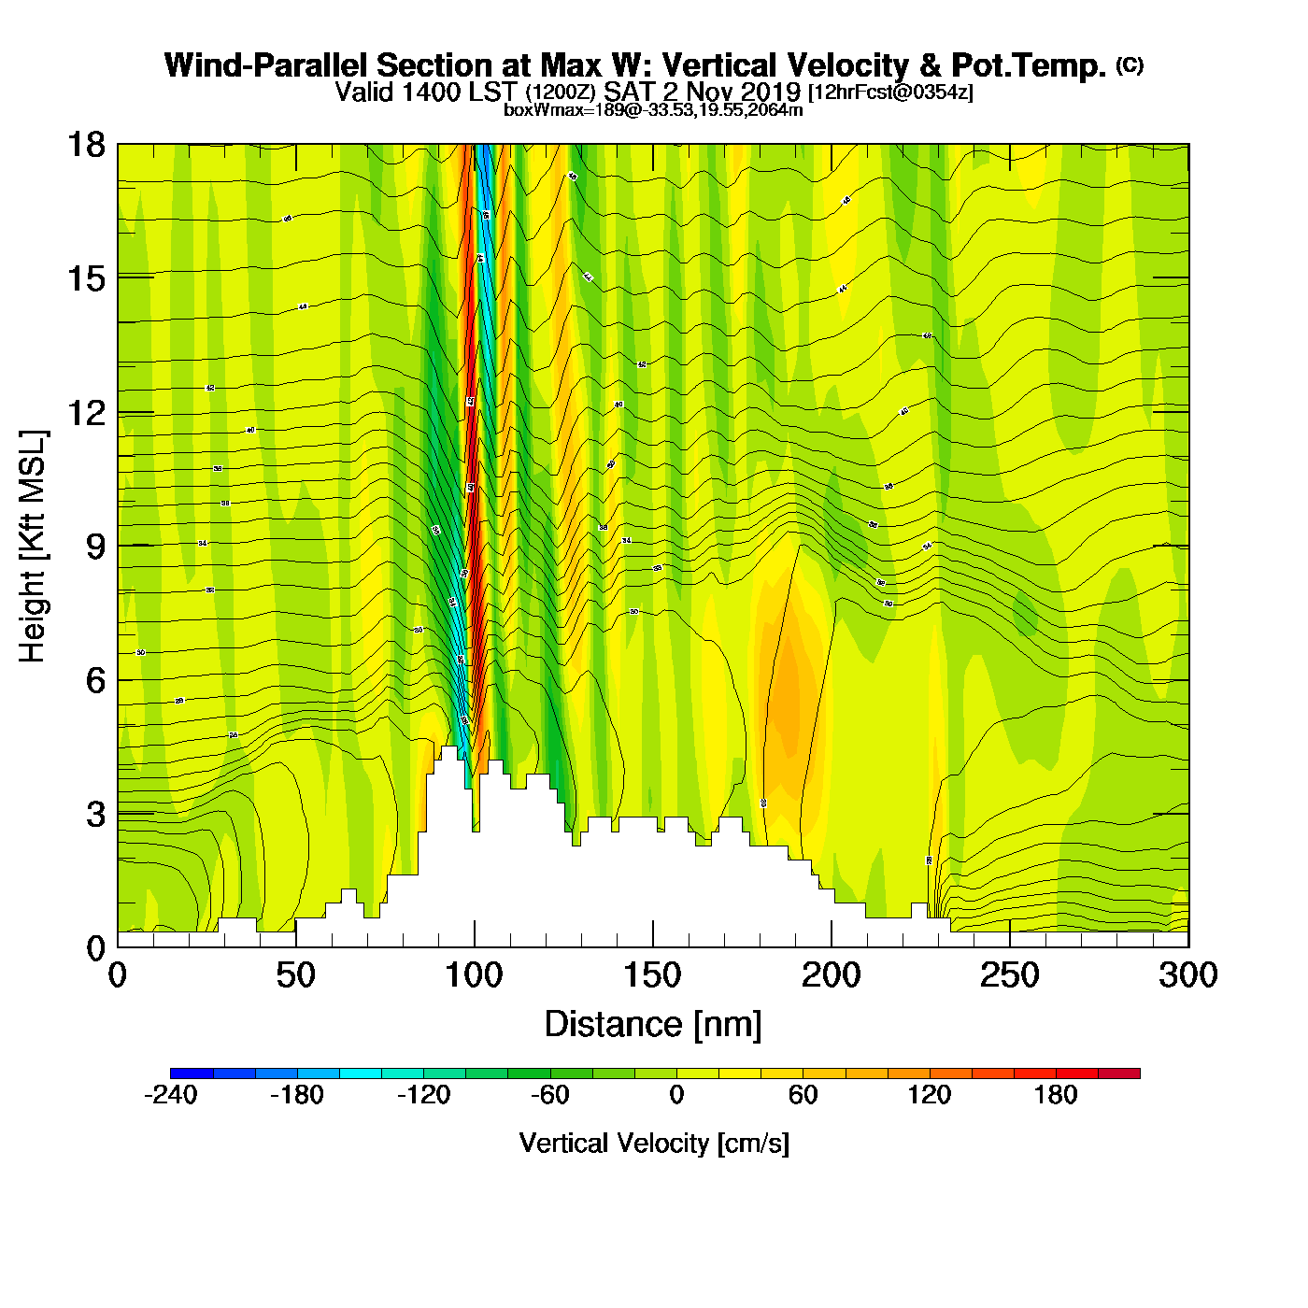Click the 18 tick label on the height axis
[86, 145]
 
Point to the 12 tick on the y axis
[86, 413]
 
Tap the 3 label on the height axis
[96, 815]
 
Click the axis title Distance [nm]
[653, 1025]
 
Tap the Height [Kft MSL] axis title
[33, 547]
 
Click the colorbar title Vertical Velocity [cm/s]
[654, 1144]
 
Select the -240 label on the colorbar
[171, 1096]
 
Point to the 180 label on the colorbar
[1056, 1096]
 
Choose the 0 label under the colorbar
[676, 1096]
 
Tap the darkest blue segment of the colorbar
[192, 1073]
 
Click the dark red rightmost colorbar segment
[1119, 1073]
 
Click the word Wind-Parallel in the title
[267, 66]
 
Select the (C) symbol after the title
[1130, 64]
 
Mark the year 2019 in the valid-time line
[770, 92]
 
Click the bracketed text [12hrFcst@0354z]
[890, 92]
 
